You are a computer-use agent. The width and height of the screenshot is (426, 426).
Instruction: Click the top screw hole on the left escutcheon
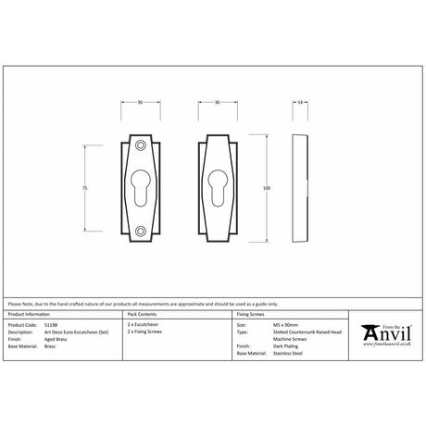coord(139,147)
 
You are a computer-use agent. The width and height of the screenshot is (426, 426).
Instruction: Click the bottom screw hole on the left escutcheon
coord(139,231)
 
